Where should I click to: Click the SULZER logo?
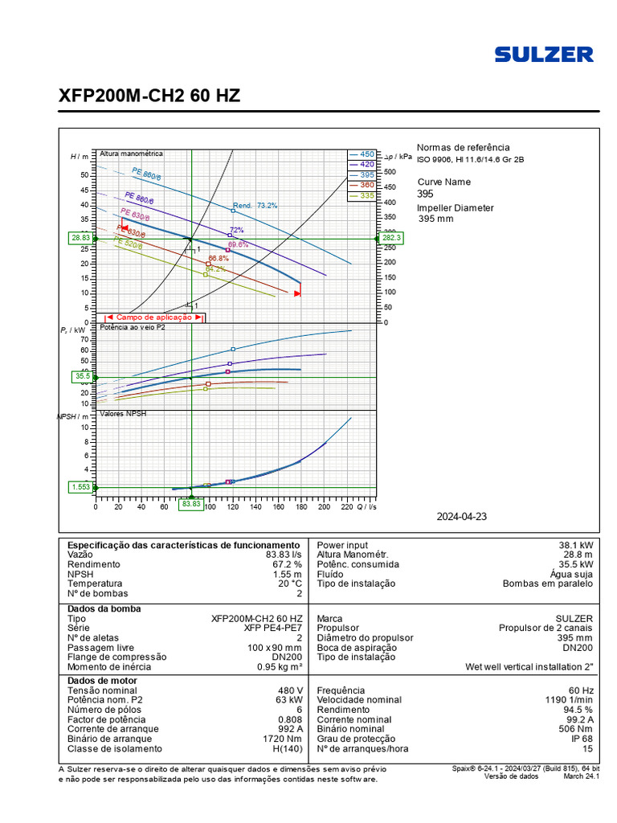(544, 55)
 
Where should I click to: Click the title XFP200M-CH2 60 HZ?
(149, 96)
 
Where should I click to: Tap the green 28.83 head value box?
(80, 238)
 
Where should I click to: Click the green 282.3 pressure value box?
(391, 238)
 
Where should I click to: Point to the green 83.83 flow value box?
(190, 504)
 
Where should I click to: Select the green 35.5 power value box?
(83, 375)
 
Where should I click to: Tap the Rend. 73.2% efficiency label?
(255, 206)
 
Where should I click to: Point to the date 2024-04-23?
(462, 517)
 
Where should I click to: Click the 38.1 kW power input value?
(576, 545)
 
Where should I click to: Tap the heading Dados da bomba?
(104, 608)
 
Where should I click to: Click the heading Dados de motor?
(103, 681)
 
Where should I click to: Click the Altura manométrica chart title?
(131, 153)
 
